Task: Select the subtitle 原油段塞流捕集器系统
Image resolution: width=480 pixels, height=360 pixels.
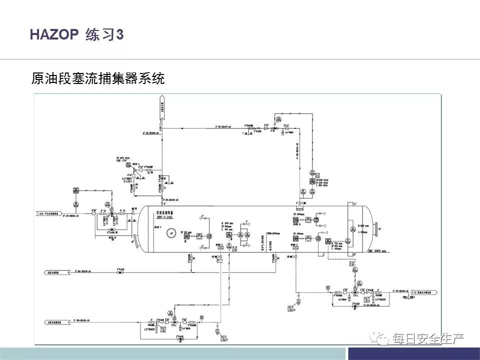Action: (97, 78)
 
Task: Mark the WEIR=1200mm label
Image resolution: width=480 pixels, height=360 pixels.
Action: (267, 232)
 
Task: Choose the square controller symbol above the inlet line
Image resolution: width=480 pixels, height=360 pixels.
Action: (75, 189)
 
